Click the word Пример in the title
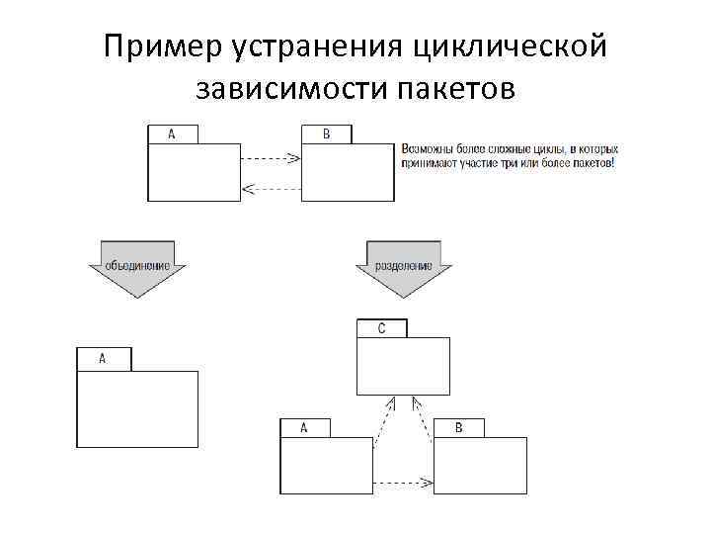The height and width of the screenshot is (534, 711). (x=163, y=47)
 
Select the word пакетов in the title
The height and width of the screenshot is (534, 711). (x=456, y=90)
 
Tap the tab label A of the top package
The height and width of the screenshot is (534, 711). (x=172, y=134)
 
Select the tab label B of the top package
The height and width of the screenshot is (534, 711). (x=327, y=134)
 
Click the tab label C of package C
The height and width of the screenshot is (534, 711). (x=381, y=327)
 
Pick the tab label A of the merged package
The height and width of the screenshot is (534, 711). (x=103, y=358)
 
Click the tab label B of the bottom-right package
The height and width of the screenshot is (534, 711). (x=459, y=428)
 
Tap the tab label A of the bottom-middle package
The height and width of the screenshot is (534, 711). (x=304, y=428)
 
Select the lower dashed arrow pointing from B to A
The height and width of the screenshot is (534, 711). (x=271, y=187)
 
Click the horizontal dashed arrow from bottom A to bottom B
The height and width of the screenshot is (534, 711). (x=405, y=483)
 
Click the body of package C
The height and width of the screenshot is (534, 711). (x=402, y=365)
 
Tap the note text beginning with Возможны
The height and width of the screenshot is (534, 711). (x=509, y=154)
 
